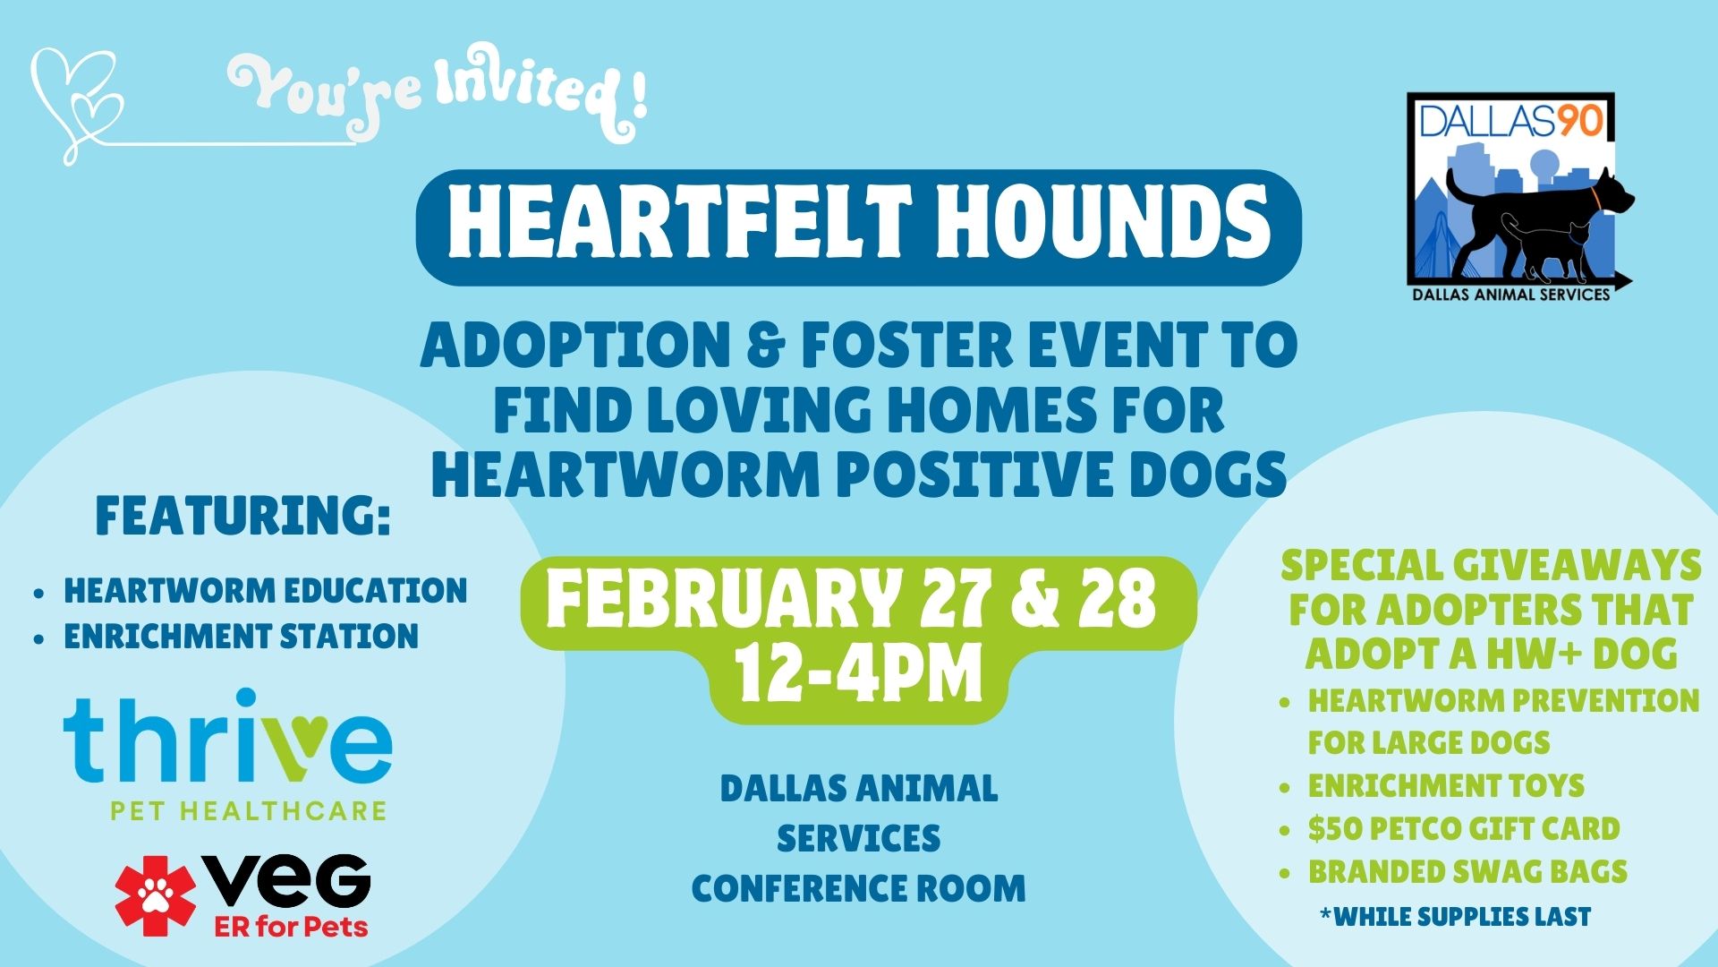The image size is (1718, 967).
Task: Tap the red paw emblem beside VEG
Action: pyautogui.click(x=155, y=895)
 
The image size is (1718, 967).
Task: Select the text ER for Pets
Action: pyautogui.click(x=292, y=926)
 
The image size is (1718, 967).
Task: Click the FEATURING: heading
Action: pyautogui.click(x=243, y=516)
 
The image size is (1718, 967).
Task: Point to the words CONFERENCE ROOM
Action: pyautogui.click(x=859, y=888)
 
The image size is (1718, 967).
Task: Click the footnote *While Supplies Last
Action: pyautogui.click(x=1455, y=916)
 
